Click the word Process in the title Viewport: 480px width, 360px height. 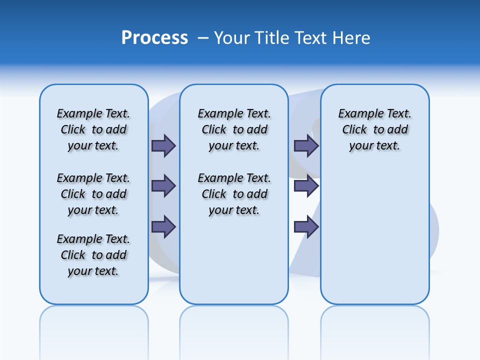pyautogui.click(x=154, y=38)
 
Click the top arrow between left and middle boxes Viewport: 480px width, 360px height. pyautogui.click(x=163, y=145)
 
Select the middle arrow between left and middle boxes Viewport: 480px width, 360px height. pyautogui.click(x=163, y=186)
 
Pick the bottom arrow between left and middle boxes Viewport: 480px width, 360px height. pyautogui.click(x=163, y=227)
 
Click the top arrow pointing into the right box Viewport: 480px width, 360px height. pyautogui.click(x=306, y=145)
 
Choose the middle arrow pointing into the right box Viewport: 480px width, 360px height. pyautogui.click(x=306, y=186)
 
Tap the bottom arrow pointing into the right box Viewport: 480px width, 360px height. pyautogui.click(x=306, y=227)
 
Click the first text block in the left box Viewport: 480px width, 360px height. pyautogui.click(x=93, y=129)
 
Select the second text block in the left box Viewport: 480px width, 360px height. pyautogui.click(x=93, y=194)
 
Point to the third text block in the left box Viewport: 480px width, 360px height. pyautogui.click(x=93, y=255)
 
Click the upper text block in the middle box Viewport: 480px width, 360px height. pyautogui.click(x=234, y=129)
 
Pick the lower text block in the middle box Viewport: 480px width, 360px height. pyautogui.click(x=234, y=194)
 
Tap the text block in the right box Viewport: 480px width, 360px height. pyautogui.click(x=374, y=129)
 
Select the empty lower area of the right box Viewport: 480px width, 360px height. pyautogui.click(x=374, y=235)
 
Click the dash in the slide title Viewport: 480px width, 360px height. pyautogui.click(x=203, y=38)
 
